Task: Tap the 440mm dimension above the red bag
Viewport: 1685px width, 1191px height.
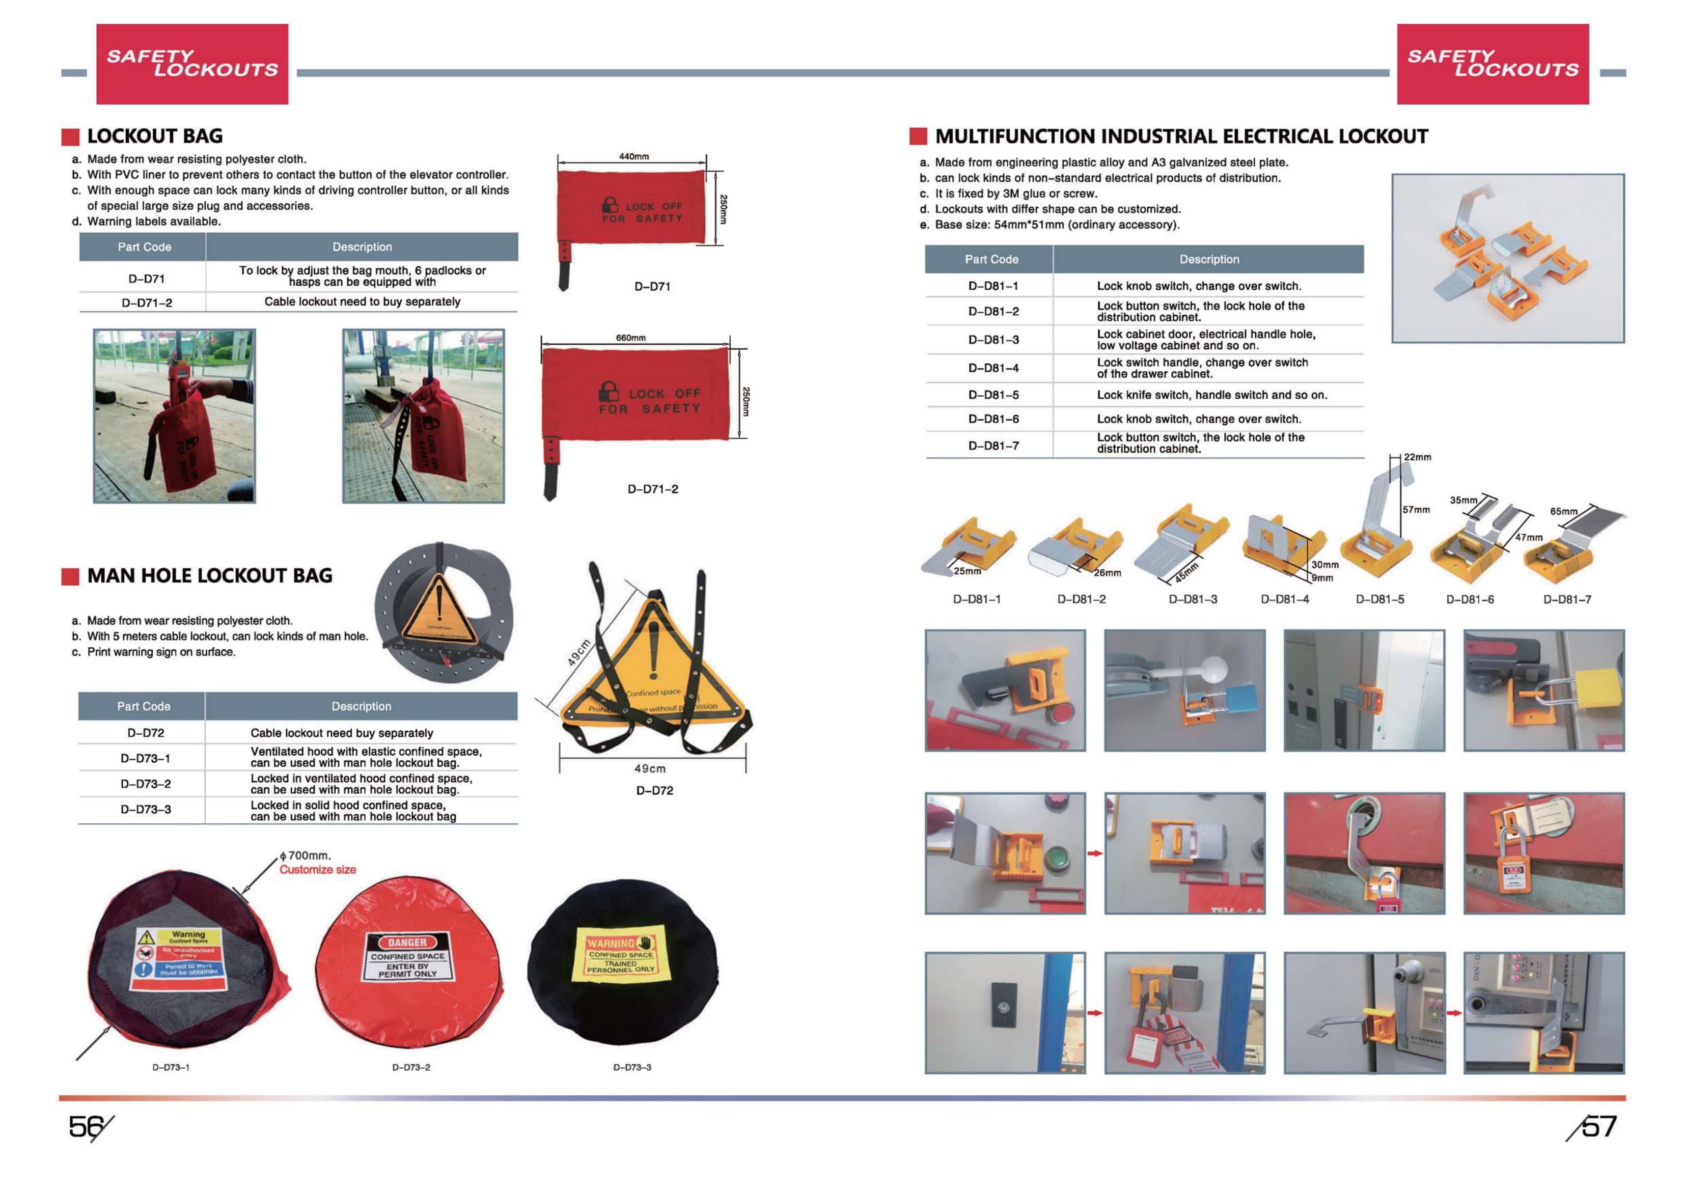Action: pyautogui.click(x=633, y=156)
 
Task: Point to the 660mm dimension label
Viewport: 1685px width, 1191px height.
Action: pyautogui.click(x=630, y=338)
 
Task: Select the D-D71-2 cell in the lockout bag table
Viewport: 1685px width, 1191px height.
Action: pyautogui.click(x=147, y=302)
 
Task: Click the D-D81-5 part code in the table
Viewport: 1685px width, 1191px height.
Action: pyautogui.click(x=993, y=395)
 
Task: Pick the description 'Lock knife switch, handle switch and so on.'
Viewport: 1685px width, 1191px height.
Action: pyautogui.click(x=1211, y=395)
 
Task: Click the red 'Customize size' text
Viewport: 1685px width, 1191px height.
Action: pyautogui.click(x=317, y=870)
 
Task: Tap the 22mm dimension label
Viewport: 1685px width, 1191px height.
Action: pyautogui.click(x=1417, y=457)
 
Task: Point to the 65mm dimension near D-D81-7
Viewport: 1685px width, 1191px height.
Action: pyautogui.click(x=1563, y=511)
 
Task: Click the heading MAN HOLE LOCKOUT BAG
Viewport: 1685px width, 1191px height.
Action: pyautogui.click(x=209, y=575)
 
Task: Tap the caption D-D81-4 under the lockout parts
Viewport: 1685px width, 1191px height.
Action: pyautogui.click(x=1284, y=599)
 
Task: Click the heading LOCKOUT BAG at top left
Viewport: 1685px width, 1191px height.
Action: pyautogui.click(x=155, y=136)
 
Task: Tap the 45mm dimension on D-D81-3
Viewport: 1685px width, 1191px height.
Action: pyautogui.click(x=1186, y=571)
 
